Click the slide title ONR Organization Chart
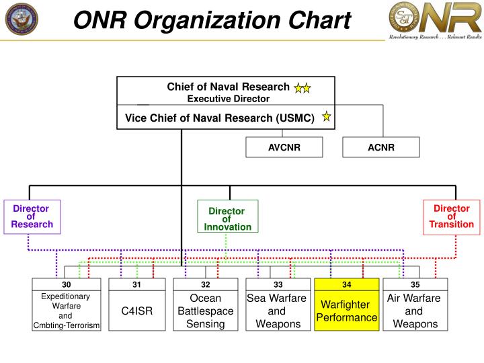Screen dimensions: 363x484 pyautogui.click(x=212, y=21)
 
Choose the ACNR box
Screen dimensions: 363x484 pyautogui.click(x=380, y=148)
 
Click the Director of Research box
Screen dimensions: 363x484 pyautogui.click(x=32, y=216)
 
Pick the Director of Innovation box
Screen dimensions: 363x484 pyautogui.click(x=227, y=219)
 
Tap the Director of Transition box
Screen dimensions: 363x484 pyautogui.click(x=452, y=216)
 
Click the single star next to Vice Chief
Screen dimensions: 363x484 pyautogui.click(x=326, y=118)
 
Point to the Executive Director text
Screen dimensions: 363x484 pyautogui.click(x=228, y=99)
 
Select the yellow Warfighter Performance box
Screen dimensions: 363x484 pyautogui.click(x=346, y=311)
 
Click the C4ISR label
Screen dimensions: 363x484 pyautogui.click(x=136, y=311)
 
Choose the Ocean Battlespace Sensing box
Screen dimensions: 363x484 pyautogui.click(x=205, y=311)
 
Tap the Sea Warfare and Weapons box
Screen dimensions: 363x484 pyautogui.click(x=278, y=311)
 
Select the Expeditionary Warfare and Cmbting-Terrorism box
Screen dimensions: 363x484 pyautogui.click(x=66, y=311)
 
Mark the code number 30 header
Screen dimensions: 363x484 pyautogui.click(x=66, y=284)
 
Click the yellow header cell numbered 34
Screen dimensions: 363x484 pyautogui.click(x=346, y=284)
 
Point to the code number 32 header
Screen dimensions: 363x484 pyautogui.click(x=205, y=284)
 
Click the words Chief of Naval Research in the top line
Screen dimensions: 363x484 pyautogui.click(x=228, y=87)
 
